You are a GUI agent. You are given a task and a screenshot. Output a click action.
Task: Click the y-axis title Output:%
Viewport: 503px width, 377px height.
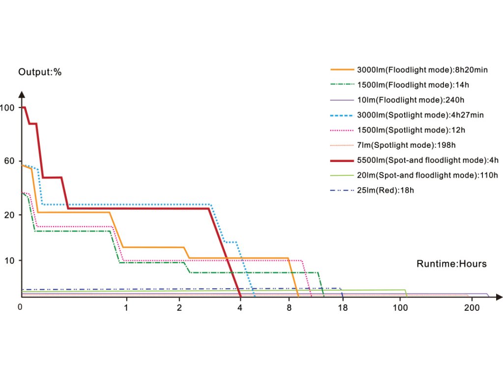40,72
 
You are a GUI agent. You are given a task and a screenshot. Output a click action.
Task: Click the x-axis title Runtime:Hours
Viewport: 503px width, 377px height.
451,264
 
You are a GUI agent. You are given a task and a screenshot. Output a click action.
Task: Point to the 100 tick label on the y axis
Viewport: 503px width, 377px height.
7,108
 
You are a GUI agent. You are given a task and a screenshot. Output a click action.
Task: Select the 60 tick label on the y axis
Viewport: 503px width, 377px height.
9,161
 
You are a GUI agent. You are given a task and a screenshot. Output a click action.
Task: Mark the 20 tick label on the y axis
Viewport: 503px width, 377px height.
9,215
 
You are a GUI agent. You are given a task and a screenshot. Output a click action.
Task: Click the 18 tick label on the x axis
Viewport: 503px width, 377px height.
343,308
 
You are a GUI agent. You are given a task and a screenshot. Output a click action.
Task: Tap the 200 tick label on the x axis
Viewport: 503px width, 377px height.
472,308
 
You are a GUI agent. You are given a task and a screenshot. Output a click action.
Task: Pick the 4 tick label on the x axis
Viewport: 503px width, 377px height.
240,308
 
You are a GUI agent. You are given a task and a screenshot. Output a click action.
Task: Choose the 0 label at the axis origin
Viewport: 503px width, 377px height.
20,307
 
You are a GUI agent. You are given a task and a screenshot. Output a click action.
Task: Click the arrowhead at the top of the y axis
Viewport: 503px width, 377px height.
22,94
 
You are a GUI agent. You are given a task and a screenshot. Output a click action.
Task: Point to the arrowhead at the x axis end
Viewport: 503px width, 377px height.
499,297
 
